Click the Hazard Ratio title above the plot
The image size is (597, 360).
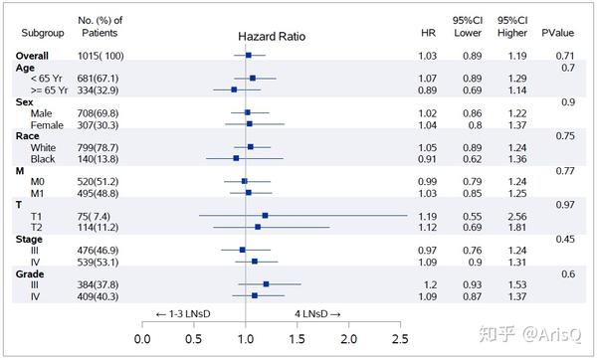click(272, 36)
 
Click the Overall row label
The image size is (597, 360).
click(36, 56)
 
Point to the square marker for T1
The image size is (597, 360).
click(265, 215)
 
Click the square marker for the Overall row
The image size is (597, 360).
click(249, 56)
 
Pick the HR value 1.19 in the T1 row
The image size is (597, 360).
click(428, 215)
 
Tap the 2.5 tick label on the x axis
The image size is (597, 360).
click(400, 339)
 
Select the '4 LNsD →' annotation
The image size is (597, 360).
click(317, 313)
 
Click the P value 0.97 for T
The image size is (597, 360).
click(566, 204)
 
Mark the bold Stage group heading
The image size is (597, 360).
click(31, 239)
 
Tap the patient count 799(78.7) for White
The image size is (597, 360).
click(99, 146)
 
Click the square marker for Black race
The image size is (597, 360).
click(236, 158)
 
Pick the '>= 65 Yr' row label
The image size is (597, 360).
click(48, 90)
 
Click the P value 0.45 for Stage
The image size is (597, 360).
click(566, 239)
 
